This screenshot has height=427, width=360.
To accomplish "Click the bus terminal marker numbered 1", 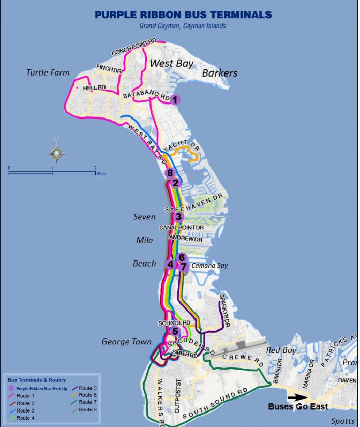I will pyautogui.click(x=175, y=100).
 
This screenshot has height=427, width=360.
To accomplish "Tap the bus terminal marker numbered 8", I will pyautogui.click(x=169, y=173).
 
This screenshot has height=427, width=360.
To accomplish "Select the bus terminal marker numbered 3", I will pyautogui.click(x=178, y=217).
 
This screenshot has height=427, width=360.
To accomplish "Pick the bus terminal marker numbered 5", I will pyautogui.click(x=175, y=332).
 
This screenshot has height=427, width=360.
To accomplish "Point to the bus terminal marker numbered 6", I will pyautogui.click(x=181, y=257).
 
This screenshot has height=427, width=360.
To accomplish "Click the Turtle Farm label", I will pyautogui.click(x=48, y=72).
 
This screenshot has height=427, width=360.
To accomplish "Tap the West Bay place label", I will pyautogui.click(x=171, y=64).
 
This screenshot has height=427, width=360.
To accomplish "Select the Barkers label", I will pyautogui.click(x=219, y=73).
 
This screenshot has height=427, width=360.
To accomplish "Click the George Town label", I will pyautogui.click(x=126, y=342).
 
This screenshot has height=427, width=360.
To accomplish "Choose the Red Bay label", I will pyautogui.click(x=280, y=350).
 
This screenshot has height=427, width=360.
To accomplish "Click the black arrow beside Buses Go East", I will pyautogui.click(x=297, y=397).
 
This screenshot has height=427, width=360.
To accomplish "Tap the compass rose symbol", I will pyautogui.click(x=56, y=152).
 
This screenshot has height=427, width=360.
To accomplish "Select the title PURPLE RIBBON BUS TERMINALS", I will pyautogui.click(x=183, y=15).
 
